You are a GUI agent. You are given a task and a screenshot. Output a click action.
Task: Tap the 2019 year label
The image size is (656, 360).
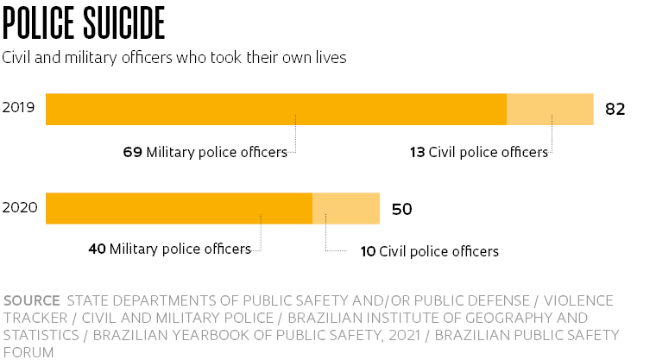click(18, 109)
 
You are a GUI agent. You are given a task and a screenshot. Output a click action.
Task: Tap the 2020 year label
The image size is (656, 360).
click(18, 208)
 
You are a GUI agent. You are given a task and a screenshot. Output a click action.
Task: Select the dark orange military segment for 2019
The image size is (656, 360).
click(275, 109)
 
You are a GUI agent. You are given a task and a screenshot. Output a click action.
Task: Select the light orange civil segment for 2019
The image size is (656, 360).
click(550, 109)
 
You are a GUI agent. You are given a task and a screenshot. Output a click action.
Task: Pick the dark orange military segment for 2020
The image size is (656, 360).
click(179, 208)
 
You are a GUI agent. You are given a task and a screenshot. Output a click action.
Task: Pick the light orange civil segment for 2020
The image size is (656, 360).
click(345, 208)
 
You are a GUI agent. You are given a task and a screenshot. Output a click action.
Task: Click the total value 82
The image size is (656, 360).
click(614, 110)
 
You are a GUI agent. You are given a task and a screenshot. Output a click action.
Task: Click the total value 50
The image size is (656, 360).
click(401, 209)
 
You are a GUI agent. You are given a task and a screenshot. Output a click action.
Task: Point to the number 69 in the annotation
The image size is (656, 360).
click(132, 152)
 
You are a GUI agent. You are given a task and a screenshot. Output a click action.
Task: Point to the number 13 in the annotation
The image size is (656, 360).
click(417, 152)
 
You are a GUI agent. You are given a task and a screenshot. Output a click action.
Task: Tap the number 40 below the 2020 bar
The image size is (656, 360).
click(97, 249)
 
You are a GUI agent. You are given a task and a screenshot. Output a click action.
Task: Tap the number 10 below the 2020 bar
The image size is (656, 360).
click(368, 251)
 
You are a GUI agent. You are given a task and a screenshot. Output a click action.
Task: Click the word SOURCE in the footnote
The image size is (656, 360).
click(31, 300)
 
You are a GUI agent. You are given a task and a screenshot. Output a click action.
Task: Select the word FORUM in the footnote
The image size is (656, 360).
click(28, 352)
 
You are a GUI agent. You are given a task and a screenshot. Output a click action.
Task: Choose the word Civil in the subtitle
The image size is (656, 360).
click(18, 58)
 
